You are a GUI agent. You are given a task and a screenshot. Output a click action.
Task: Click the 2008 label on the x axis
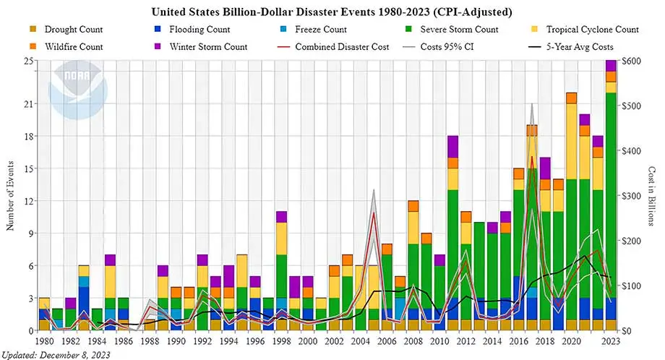coord(413,340)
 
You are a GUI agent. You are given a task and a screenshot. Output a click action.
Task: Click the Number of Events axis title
coord(10,195)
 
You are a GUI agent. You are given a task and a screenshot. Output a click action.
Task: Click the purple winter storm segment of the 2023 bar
coord(611,66)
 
